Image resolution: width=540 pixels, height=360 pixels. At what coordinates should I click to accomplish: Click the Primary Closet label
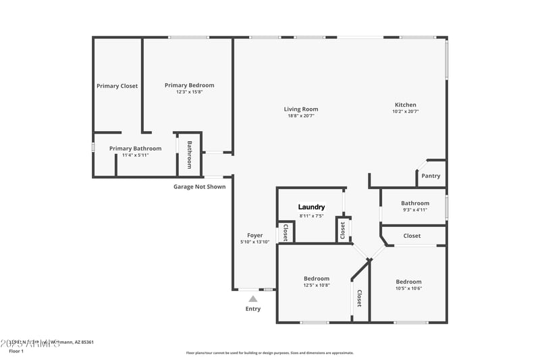117,86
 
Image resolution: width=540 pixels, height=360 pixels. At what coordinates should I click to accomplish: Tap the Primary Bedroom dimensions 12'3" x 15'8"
190,92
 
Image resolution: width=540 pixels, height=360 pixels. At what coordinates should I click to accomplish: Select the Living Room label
300,109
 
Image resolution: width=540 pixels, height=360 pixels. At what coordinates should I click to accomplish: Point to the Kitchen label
405,105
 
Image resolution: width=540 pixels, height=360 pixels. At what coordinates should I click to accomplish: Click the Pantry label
431,176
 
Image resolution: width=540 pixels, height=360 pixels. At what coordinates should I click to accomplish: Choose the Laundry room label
312,207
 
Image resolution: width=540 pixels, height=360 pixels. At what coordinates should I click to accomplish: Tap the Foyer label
254,235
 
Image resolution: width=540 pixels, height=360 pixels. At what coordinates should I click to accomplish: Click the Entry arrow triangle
252,298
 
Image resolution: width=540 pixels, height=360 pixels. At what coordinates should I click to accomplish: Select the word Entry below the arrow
252,309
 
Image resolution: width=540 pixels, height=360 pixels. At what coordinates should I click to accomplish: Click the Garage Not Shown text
199,186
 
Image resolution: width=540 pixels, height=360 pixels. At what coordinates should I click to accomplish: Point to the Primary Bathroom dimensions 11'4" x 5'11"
135,155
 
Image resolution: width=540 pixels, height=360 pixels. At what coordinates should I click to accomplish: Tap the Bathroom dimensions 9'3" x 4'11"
414,210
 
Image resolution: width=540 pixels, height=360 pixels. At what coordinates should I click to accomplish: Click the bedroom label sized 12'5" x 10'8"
316,278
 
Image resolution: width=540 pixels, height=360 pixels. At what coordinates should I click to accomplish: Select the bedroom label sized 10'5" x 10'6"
408,282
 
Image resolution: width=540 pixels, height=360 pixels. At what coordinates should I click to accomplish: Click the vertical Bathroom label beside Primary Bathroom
190,155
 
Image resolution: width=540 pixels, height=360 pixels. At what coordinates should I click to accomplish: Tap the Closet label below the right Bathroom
412,236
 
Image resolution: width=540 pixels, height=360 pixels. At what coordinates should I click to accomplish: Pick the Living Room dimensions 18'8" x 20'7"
300,115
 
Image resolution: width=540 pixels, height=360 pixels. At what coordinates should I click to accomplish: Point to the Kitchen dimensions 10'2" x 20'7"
405,111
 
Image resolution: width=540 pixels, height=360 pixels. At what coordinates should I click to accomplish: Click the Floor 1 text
16,351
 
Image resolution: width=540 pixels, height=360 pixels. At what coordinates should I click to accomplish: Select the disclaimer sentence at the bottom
269,353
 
